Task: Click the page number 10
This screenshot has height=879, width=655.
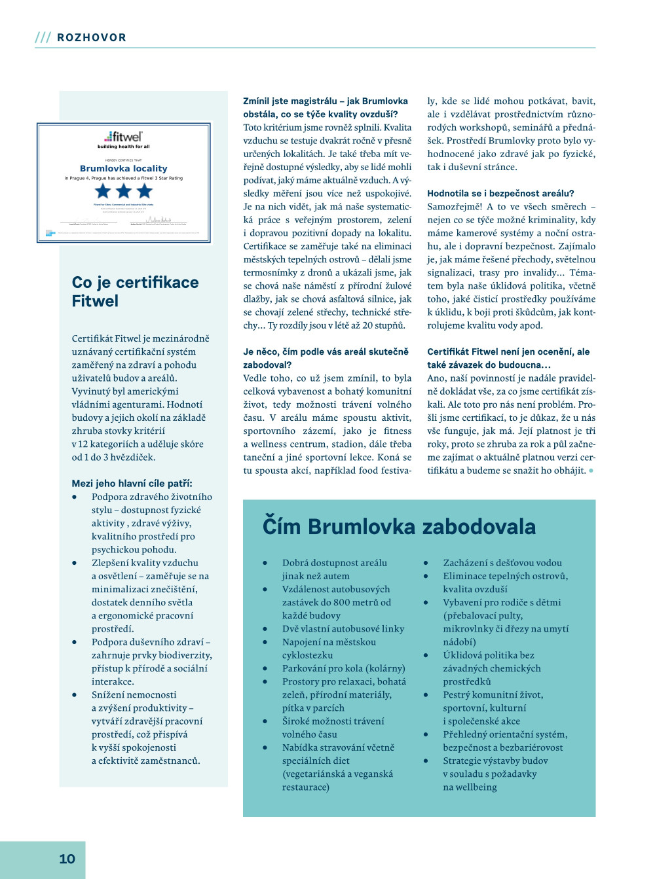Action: point(67,859)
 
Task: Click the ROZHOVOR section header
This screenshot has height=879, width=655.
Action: point(92,38)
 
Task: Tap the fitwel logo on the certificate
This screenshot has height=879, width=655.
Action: point(124,137)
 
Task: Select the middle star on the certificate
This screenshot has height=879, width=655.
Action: point(124,191)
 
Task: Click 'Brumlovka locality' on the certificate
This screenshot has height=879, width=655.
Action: point(124,168)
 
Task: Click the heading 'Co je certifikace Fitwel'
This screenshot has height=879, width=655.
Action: point(135,291)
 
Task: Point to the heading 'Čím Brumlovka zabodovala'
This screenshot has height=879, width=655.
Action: point(399,526)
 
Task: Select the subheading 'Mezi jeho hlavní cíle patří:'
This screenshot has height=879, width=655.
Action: point(132,483)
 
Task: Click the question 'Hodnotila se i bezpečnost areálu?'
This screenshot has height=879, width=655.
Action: point(500,193)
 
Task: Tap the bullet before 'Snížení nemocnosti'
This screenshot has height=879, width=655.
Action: point(75,695)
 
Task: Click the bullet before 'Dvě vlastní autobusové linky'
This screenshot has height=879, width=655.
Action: point(265,629)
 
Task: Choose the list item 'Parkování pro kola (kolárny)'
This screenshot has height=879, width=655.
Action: point(343,668)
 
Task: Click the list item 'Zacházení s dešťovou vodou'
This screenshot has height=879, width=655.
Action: point(502,563)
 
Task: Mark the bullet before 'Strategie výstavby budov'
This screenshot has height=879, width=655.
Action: point(426,761)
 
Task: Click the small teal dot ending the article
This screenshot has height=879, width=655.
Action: point(591,471)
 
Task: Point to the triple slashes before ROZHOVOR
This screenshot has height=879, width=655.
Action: point(43,38)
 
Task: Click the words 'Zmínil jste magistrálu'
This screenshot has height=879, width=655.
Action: point(290,101)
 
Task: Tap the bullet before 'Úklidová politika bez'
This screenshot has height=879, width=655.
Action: point(426,655)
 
